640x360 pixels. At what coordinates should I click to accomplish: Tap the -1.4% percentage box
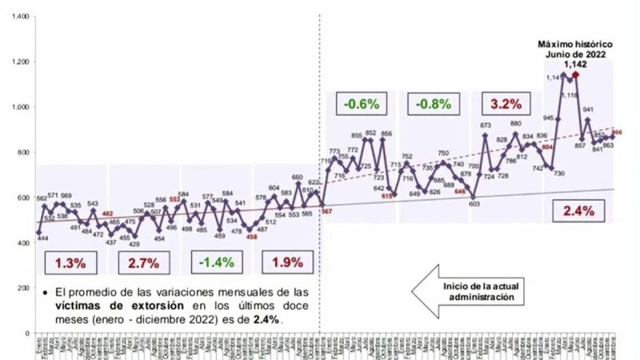[x=215, y=262]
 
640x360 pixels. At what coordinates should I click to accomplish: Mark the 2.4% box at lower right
[x=578, y=212]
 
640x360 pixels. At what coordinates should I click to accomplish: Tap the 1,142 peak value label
[x=575, y=64]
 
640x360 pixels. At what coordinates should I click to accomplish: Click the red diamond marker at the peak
[x=575, y=74]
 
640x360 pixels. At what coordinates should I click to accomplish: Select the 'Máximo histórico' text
[x=574, y=44]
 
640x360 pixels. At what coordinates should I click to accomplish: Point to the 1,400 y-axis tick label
[x=19, y=17]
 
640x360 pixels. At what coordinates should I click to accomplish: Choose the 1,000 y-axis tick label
[x=19, y=107]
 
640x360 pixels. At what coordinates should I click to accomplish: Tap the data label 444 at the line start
[x=42, y=238]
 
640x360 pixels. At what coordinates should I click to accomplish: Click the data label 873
[x=485, y=126]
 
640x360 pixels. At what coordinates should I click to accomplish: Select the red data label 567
[x=326, y=210]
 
